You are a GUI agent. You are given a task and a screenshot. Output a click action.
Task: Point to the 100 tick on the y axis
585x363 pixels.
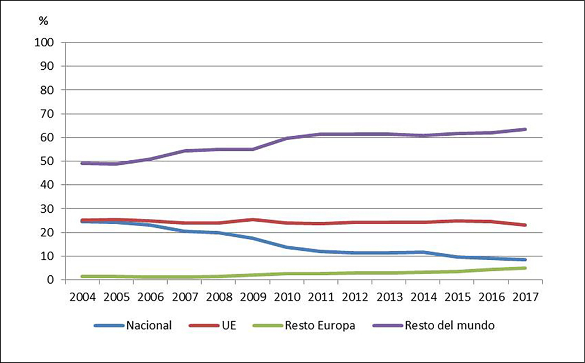coord(45,42)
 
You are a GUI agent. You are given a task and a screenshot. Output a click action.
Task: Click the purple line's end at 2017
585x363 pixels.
coord(525,129)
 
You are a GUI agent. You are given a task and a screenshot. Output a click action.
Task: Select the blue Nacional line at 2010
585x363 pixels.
coord(287,247)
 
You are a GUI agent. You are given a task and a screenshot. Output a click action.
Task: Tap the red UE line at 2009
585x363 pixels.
coord(253,219)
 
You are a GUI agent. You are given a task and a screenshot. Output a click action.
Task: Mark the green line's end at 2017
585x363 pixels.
coord(525,268)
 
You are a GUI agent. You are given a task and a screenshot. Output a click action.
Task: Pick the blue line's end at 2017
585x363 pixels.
coord(525,260)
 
